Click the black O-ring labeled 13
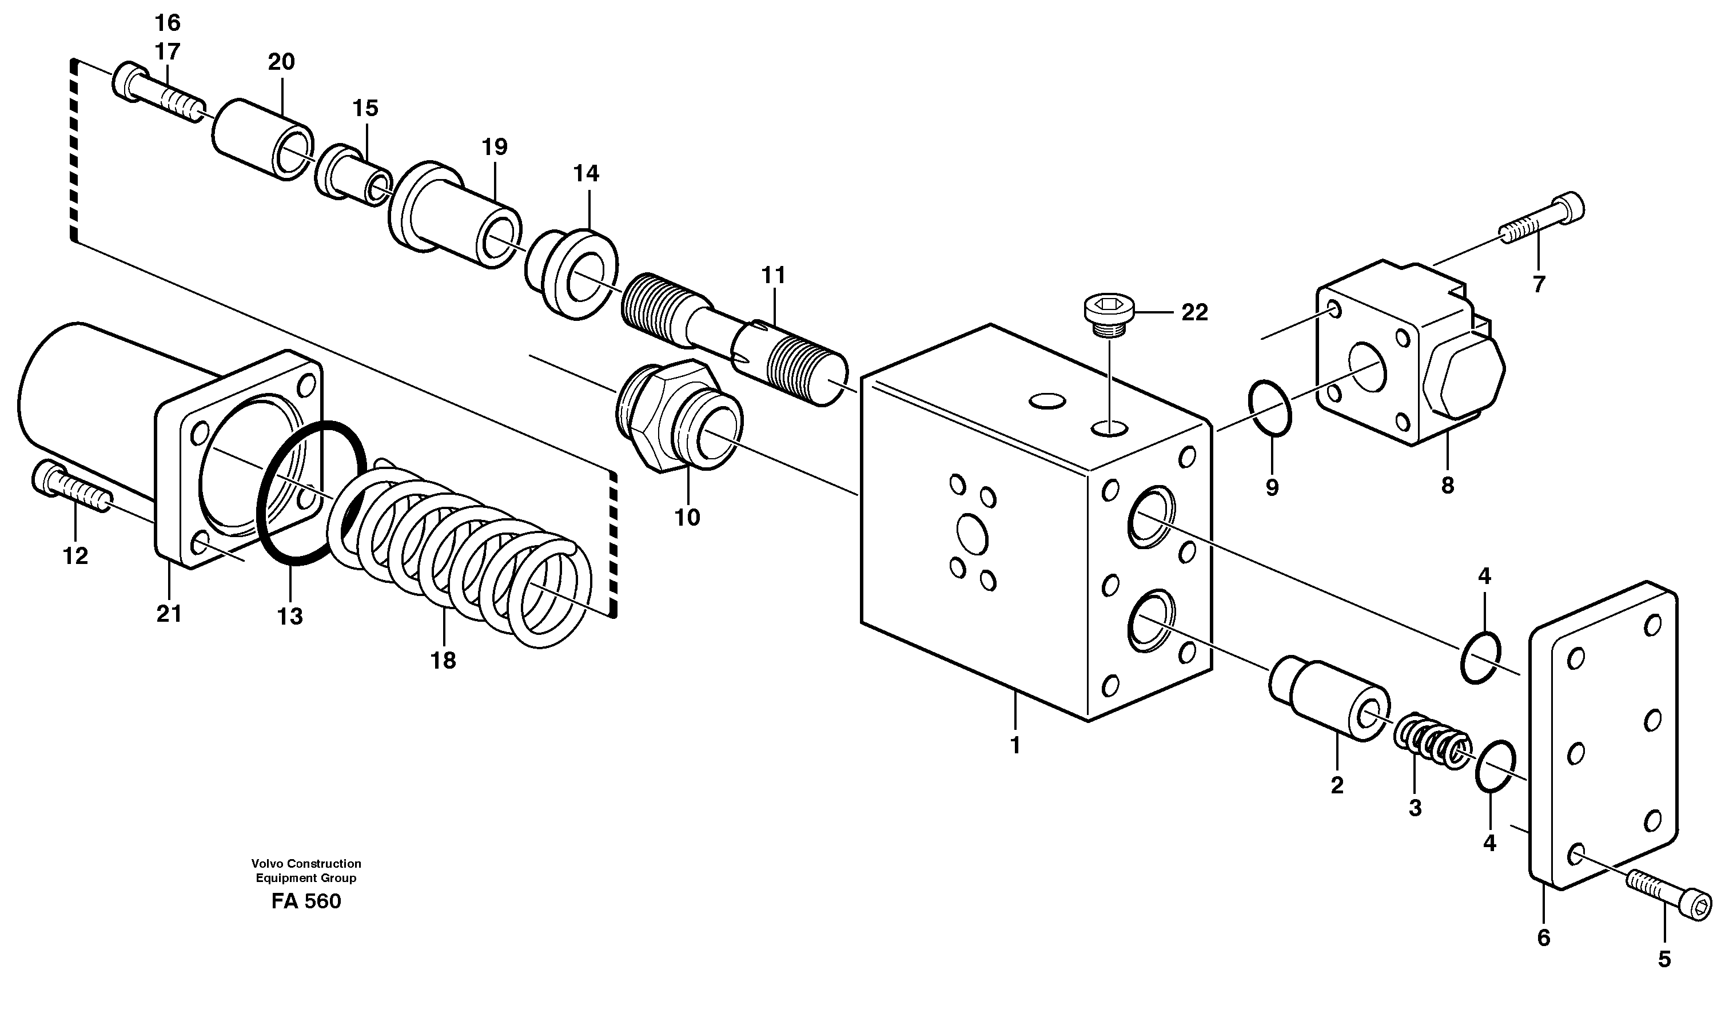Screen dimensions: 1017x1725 312,494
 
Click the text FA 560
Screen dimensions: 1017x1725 305,901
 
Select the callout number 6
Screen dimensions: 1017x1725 1543,938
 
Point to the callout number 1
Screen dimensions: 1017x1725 1015,746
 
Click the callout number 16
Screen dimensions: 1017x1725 167,23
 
